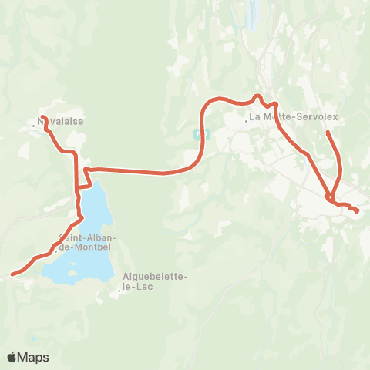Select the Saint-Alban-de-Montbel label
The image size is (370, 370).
[85, 242]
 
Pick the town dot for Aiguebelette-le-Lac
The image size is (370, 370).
[119, 291]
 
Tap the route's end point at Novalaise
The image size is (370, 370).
[42, 117]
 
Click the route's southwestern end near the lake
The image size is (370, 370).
[12, 274]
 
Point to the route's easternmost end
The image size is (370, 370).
[358, 210]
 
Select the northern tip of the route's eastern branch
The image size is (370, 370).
[328, 133]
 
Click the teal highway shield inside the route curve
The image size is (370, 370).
[202, 133]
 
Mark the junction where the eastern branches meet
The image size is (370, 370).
[331, 199]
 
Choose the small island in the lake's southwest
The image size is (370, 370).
[72, 271]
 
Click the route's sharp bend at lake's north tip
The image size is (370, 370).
[85, 168]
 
